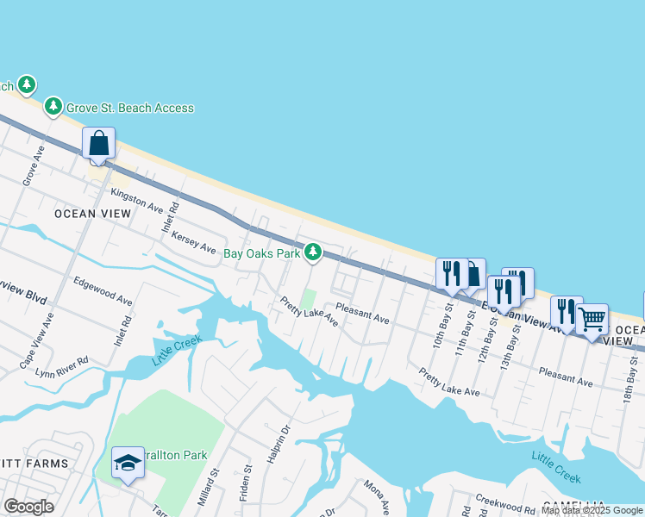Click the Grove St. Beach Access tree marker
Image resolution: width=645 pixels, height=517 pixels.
53,106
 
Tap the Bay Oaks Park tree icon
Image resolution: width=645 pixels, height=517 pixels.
313,252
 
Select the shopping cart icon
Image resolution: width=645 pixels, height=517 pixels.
592,320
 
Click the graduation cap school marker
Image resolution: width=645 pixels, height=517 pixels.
128,464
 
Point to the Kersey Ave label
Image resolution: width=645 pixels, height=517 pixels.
194,242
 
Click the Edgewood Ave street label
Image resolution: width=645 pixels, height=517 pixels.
103,290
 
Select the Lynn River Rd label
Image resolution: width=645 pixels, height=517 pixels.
61,367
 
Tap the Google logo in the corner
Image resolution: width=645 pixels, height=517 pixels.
29,506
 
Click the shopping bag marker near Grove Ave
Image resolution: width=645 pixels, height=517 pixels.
99,144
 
